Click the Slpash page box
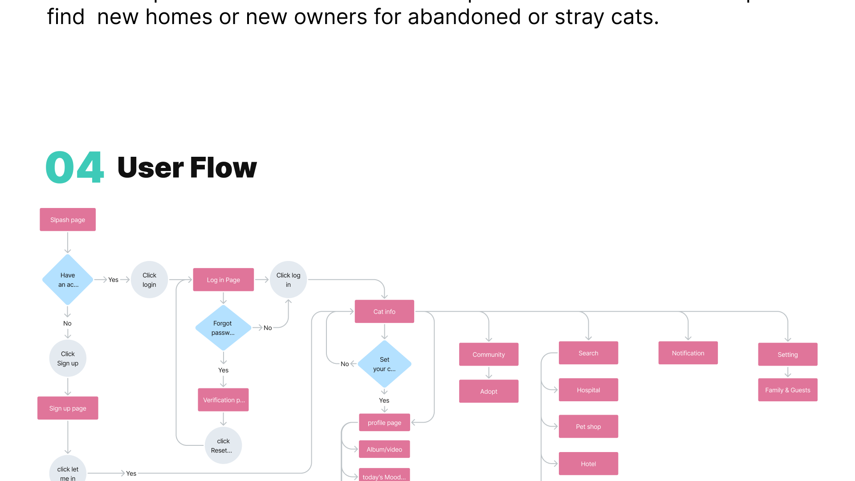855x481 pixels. (68, 220)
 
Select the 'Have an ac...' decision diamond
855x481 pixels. (68, 280)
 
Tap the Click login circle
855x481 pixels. (149, 280)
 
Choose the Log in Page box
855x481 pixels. (223, 280)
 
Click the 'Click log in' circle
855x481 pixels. (288, 280)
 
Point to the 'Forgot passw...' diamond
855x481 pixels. (223, 328)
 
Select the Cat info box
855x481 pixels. (384, 311)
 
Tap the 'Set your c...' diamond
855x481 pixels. (384, 364)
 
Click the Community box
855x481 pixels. (489, 355)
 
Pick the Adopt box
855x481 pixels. (489, 391)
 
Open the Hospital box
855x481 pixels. (588, 390)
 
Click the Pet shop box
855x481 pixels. (588, 426)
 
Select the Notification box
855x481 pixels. (688, 353)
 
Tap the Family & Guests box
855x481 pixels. (787, 390)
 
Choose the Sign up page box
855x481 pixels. (68, 408)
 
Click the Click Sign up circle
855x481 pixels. (68, 359)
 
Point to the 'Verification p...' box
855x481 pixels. (223, 400)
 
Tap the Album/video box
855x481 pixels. (384, 449)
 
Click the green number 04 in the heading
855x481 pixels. (74, 167)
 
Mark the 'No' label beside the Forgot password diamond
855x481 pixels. (268, 328)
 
